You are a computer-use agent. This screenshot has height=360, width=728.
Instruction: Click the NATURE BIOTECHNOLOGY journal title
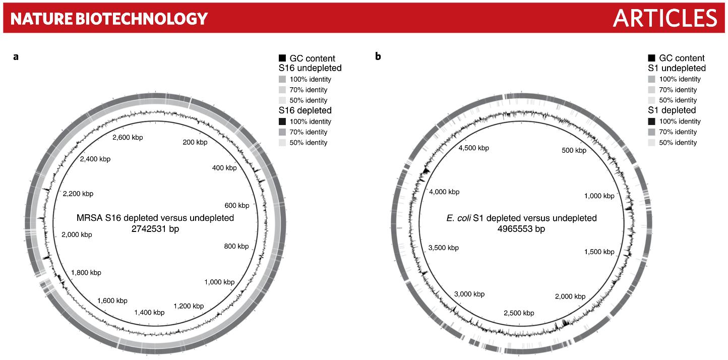(x=109, y=19)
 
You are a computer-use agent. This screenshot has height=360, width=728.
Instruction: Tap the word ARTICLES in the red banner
(x=665, y=18)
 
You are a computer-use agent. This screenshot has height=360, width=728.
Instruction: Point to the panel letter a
(x=16, y=57)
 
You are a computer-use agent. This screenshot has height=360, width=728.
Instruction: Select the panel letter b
(x=378, y=56)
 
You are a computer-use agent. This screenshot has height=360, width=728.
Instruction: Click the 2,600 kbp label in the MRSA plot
(x=128, y=138)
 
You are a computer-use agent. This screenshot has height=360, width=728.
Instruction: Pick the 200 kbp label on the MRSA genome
(x=195, y=142)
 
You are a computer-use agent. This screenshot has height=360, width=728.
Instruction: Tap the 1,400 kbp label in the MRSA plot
(x=150, y=313)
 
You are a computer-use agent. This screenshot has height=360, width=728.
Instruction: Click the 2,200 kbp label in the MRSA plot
(x=78, y=194)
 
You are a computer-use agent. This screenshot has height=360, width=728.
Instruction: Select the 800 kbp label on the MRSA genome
(x=236, y=246)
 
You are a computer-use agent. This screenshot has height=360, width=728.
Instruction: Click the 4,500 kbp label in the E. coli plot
(x=474, y=148)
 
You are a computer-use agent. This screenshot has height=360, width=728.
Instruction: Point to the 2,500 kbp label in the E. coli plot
(x=519, y=313)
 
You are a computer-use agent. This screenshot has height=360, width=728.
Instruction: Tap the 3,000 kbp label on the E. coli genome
(x=469, y=294)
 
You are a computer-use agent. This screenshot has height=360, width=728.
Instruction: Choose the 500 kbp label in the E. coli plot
(x=574, y=150)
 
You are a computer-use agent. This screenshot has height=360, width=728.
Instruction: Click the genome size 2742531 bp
(x=155, y=229)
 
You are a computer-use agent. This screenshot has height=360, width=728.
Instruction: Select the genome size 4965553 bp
(x=521, y=229)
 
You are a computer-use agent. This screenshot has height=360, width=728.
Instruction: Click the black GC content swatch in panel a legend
(x=282, y=58)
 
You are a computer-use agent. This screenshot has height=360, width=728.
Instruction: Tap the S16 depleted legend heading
(x=305, y=110)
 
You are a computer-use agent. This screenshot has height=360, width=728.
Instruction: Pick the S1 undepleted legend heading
(x=677, y=68)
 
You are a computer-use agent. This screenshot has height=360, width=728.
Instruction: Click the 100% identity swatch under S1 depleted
(x=651, y=122)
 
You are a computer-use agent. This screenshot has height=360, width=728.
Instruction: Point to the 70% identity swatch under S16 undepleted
(x=282, y=90)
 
